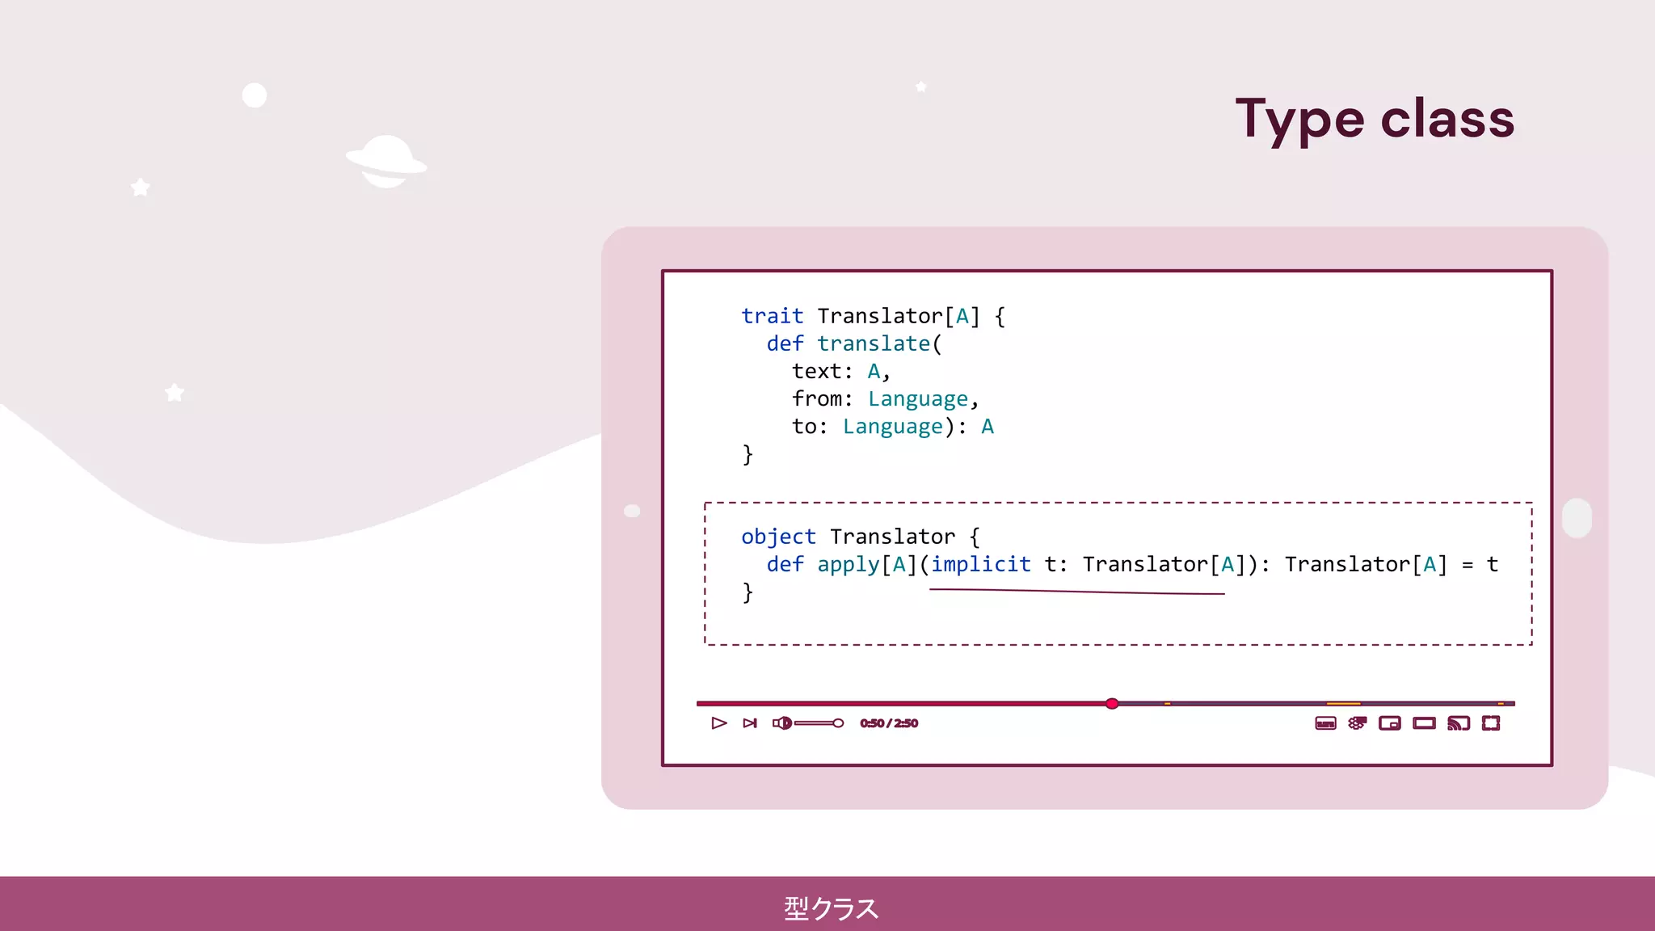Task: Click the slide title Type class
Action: pos(1374,119)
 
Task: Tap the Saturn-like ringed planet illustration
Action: pos(386,161)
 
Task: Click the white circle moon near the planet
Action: pos(255,95)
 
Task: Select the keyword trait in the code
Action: pos(772,316)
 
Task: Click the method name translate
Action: pos(873,343)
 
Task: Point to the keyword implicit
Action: pos(980,564)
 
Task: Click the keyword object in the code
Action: pos(778,537)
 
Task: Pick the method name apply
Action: pos(848,564)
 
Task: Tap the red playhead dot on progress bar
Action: pos(1112,703)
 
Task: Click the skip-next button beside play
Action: pos(750,723)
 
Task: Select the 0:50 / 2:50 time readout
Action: pos(888,723)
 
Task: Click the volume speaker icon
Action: pos(781,723)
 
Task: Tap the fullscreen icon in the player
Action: pos(1491,723)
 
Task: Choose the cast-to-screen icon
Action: pos(1458,723)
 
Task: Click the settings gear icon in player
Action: pos(1357,723)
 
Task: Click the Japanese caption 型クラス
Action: pos(831,908)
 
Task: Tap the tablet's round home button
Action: pos(1577,518)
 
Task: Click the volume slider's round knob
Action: pos(838,723)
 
